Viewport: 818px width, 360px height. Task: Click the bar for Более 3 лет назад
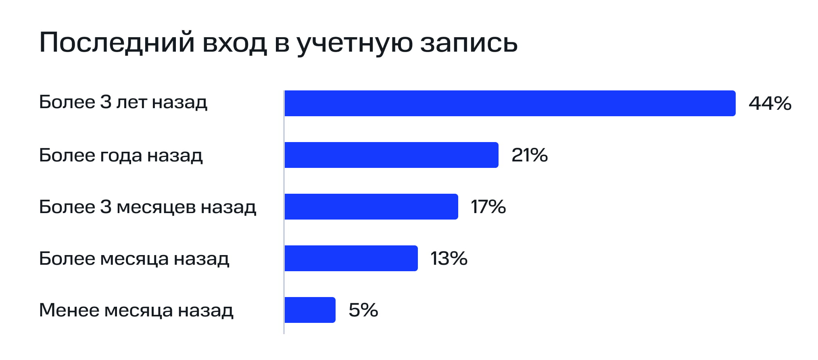[x=510, y=103]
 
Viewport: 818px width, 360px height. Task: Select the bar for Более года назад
[x=391, y=155]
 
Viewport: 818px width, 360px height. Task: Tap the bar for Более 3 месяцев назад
[x=371, y=207]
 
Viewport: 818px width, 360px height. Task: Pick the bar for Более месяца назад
[x=351, y=258]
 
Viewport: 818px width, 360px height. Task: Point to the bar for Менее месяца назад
[x=310, y=310]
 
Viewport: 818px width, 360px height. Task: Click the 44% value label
[x=770, y=103]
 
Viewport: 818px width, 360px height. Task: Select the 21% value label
[x=529, y=155]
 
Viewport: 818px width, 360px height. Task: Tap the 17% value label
[x=488, y=207]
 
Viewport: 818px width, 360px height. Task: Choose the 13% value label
[x=449, y=258]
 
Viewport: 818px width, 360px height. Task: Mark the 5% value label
[x=363, y=310]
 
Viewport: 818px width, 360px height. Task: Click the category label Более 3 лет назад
[x=123, y=103]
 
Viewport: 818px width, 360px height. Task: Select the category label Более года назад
[x=121, y=155]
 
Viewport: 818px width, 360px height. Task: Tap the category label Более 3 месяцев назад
[x=147, y=207]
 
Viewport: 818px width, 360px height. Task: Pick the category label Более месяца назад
[x=134, y=259]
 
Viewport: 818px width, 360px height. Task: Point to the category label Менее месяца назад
[x=136, y=310]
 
